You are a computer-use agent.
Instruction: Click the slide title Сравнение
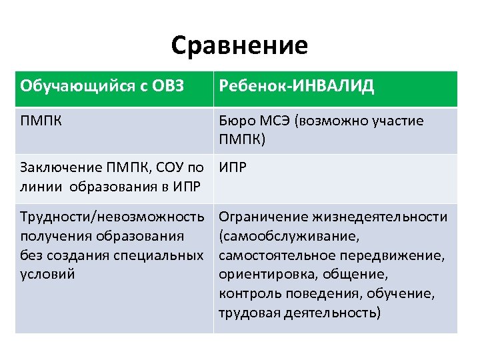[239, 45]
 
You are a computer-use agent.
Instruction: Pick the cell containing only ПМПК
[39, 121]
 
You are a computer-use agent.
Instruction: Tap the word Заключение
[57, 166]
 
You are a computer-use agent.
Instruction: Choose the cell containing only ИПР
[233, 166]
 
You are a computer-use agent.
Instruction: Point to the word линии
[40, 184]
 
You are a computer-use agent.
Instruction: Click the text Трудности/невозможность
[112, 217]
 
